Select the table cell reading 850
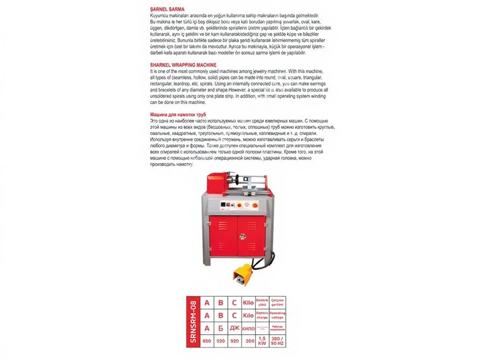[x=207, y=340]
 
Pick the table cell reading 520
[x=221, y=340]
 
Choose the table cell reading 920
[x=234, y=340]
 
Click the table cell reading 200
[x=248, y=340]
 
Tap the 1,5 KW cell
[x=262, y=340]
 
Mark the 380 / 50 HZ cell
[x=277, y=340]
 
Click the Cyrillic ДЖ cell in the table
[x=234, y=328]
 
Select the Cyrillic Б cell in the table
[x=221, y=328]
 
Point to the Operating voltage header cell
[x=277, y=315]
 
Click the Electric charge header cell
[x=262, y=315]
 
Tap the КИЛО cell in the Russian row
[x=248, y=328]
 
